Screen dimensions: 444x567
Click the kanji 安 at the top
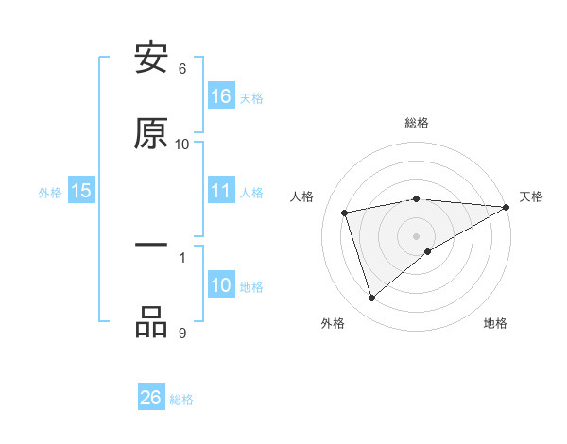152,59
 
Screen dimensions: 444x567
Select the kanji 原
152,134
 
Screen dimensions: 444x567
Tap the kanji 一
152,246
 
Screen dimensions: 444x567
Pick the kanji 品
152,322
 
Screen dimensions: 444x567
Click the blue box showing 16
221,96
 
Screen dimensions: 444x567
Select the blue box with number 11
221,192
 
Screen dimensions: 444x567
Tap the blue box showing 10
221,286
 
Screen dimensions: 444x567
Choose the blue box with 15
81,192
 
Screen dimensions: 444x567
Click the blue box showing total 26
151,398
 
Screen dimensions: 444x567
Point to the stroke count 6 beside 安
182,68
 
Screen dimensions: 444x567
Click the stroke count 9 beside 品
182,333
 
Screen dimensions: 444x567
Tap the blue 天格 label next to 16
251,97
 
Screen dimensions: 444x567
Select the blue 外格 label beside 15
50,193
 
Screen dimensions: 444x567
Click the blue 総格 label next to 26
181,399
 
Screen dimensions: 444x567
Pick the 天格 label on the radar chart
532,196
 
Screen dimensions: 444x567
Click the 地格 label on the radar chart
495,323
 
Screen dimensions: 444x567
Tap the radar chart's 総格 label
417,123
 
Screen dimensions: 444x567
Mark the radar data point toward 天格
506,207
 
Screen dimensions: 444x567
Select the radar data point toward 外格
371,299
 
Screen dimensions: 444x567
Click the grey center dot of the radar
417,235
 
